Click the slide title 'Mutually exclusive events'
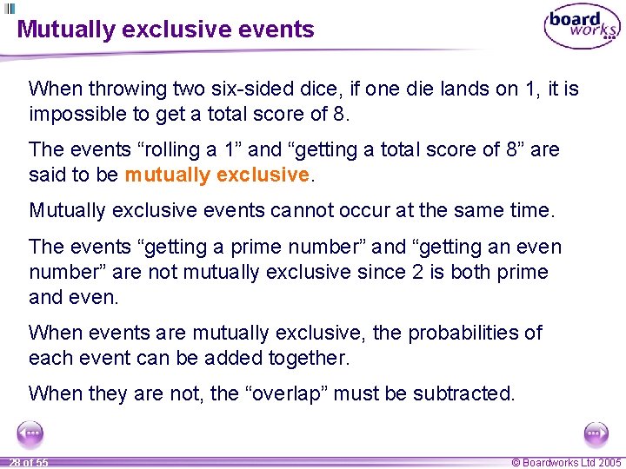coord(166,30)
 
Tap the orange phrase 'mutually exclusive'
coord(216,175)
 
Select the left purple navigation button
coord(30,433)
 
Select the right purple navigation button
coord(596,433)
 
